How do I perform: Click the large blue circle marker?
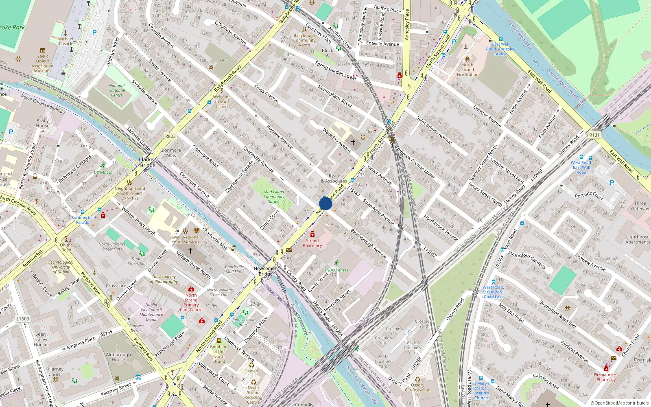point(325,203)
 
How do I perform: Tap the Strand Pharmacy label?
point(312,243)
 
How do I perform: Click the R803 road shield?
point(170,136)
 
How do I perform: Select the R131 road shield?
point(594,135)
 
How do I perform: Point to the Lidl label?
point(223,60)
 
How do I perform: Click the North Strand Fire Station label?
point(467,70)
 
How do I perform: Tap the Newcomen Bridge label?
point(265,271)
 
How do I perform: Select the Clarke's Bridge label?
point(148,162)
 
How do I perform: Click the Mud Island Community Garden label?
point(274,197)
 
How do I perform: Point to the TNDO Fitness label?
point(336,270)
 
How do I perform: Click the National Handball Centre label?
point(117,90)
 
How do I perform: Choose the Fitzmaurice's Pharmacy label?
point(606,377)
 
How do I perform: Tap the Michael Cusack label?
point(65,41)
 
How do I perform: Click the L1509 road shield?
point(23,319)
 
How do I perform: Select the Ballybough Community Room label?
point(304,40)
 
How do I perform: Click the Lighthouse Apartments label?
point(638,239)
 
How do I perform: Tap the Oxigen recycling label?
point(251,371)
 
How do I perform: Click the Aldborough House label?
point(118,357)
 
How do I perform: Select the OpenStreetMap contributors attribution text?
point(620,403)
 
